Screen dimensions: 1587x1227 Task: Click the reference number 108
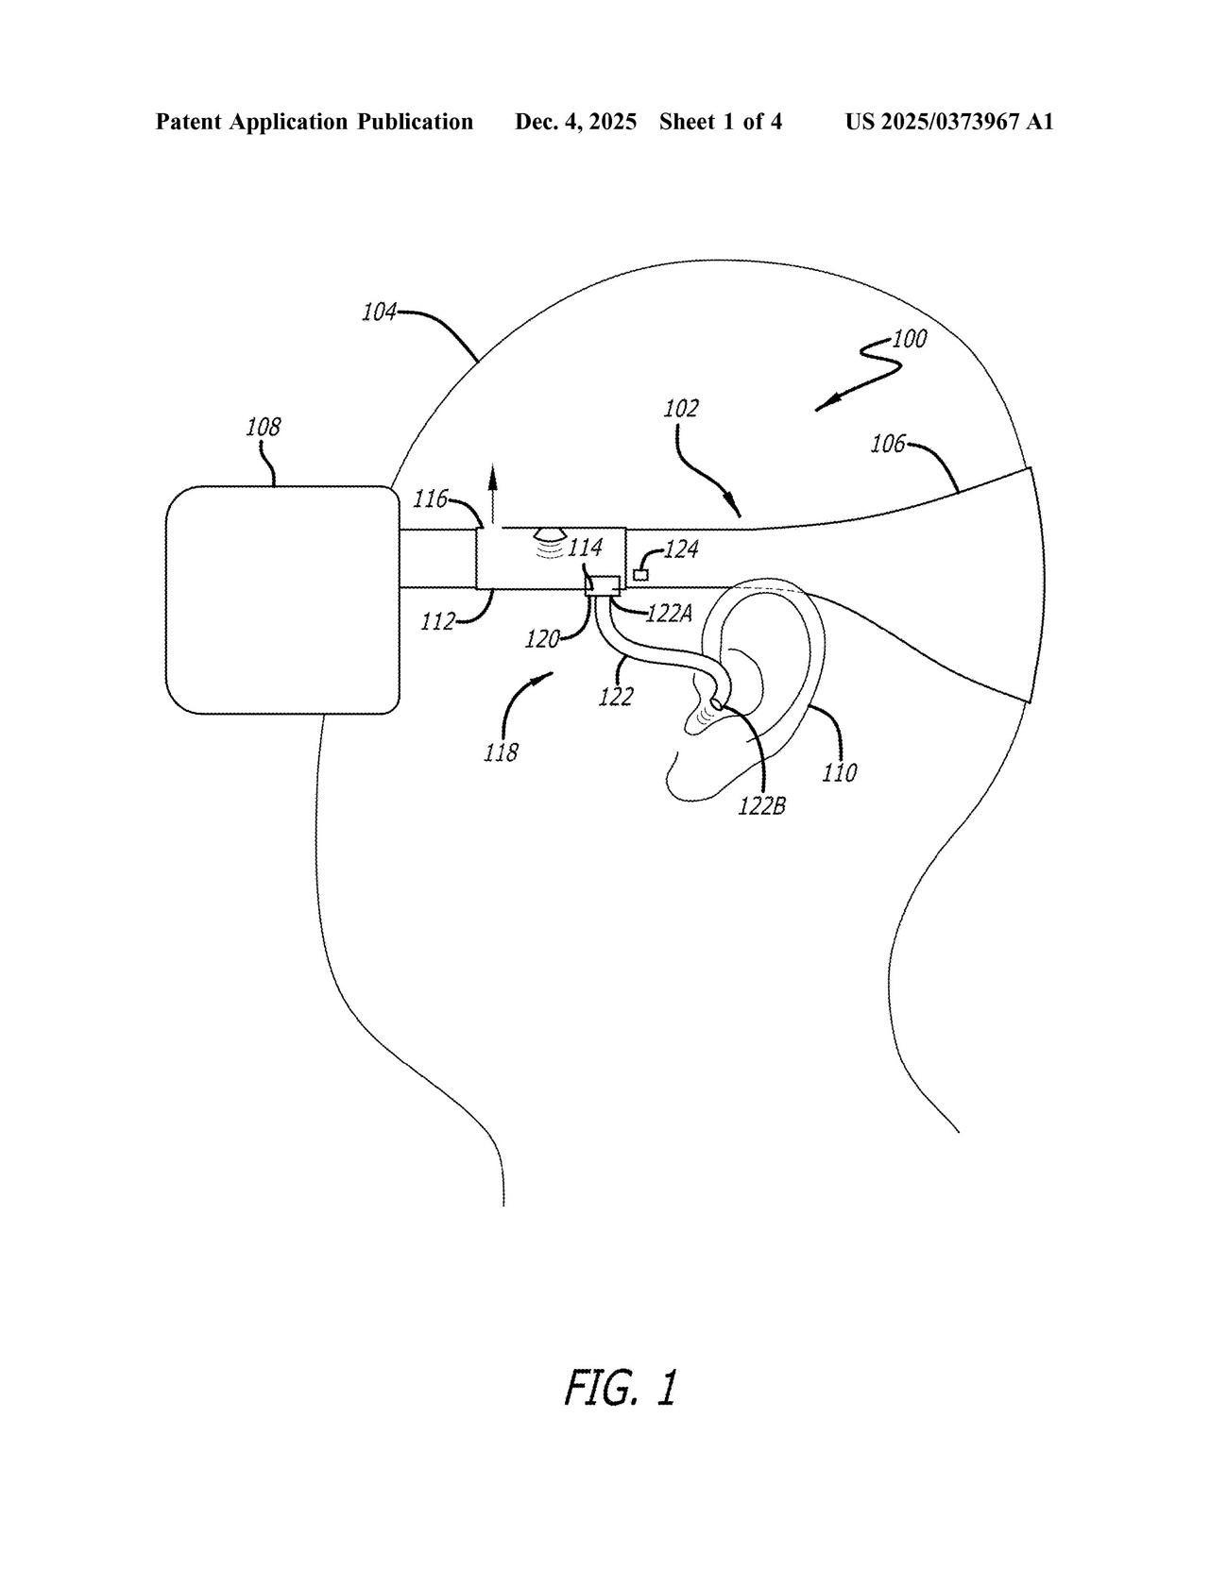pos(263,428)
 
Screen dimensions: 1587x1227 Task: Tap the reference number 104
pos(379,312)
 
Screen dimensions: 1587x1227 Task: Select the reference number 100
pos(909,338)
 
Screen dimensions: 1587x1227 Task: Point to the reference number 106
pos(887,443)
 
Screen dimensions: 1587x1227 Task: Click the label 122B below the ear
pos(762,806)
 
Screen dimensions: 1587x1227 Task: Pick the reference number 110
pos(839,773)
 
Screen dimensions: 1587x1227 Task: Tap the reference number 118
pos(501,752)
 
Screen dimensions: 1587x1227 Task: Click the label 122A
pos(670,614)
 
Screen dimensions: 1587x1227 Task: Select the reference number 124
pos(681,549)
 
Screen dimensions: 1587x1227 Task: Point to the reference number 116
pos(430,499)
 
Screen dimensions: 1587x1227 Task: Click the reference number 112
pos(437,621)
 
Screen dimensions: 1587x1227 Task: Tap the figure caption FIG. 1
pos(621,1387)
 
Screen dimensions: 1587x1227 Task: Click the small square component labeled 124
pos(641,574)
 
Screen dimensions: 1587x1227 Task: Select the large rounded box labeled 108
pos(281,599)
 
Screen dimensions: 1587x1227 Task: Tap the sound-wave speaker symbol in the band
pos(551,543)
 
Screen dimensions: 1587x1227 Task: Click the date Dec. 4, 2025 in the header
pos(575,122)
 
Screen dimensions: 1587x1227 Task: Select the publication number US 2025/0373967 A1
pos(948,122)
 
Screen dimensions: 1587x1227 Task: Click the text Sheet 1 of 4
pos(721,122)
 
